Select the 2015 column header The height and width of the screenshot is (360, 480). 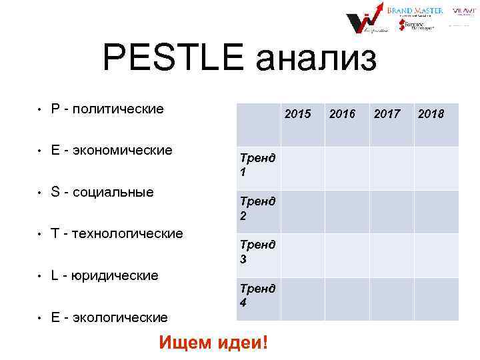click(297, 114)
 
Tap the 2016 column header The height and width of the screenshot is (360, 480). click(342, 114)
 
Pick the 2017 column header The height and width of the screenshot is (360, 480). click(387, 114)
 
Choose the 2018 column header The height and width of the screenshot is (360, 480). click(431, 114)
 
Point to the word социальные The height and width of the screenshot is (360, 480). click(113, 192)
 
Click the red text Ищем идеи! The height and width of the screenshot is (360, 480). click(214, 343)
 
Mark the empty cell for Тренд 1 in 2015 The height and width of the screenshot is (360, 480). click(303, 168)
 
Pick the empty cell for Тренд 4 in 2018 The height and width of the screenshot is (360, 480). click(436, 299)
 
